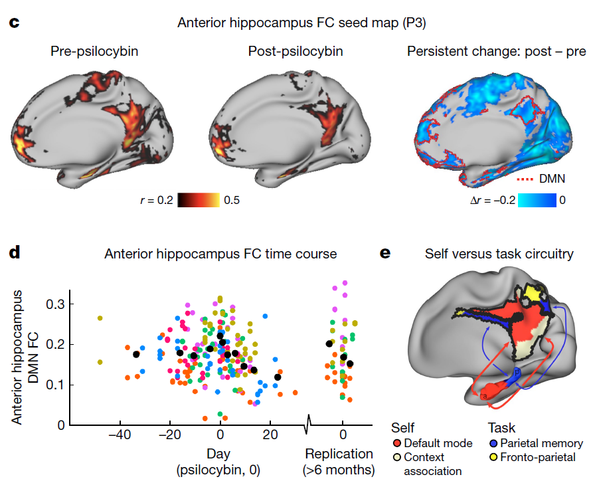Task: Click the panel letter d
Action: pyautogui.click(x=14, y=253)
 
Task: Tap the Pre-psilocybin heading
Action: pyautogui.click(x=94, y=51)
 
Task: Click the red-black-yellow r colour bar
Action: pyautogui.click(x=200, y=199)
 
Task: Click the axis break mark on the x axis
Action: pyautogui.click(x=308, y=424)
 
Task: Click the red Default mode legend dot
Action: pyautogui.click(x=396, y=444)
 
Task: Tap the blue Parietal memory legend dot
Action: pyautogui.click(x=493, y=444)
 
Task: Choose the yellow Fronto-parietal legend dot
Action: pyautogui.click(x=493, y=457)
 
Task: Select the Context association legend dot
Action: pyautogui.click(x=396, y=457)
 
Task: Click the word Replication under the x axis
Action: pyautogui.click(x=339, y=454)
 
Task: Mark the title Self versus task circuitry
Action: pyautogui.click(x=499, y=254)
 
